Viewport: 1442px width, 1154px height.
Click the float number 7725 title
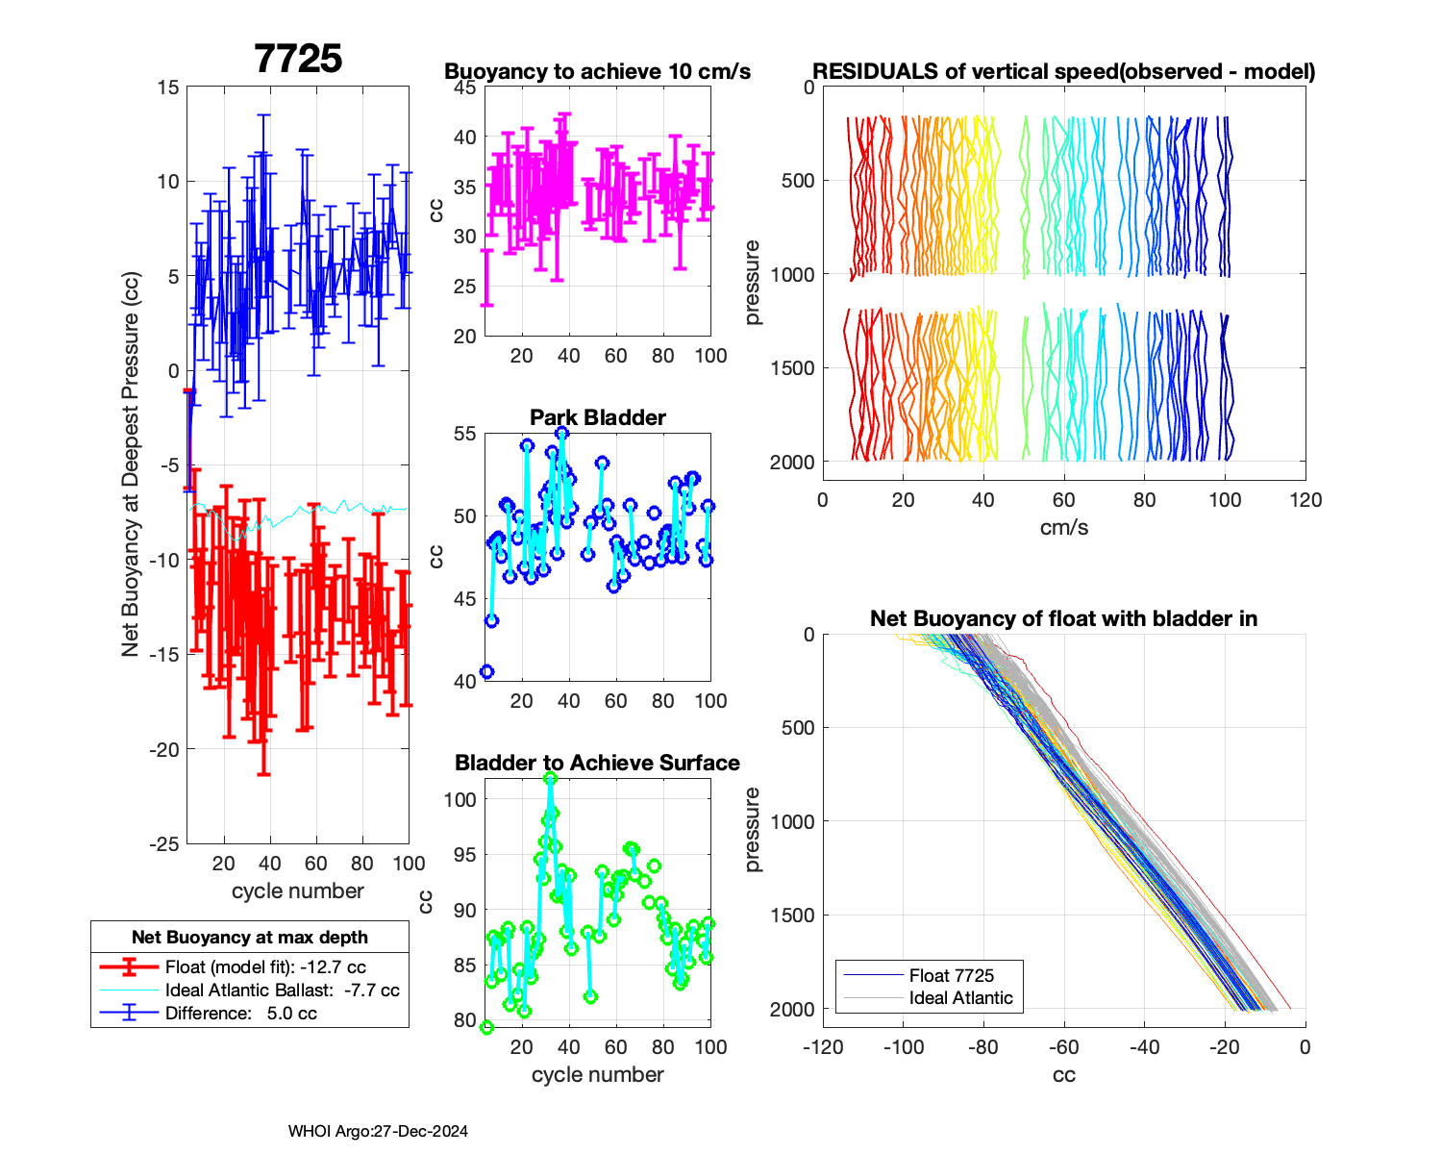tap(298, 59)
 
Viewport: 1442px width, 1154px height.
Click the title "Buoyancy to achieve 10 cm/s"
tap(597, 71)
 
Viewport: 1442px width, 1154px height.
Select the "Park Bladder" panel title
tap(597, 417)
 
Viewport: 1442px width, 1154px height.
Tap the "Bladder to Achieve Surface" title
tap(597, 763)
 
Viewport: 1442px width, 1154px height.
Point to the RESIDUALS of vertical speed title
tap(1063, 71)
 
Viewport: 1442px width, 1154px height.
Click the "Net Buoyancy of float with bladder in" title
tap(1063, 618)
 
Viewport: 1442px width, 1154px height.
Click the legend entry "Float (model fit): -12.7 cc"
tap(265, 967)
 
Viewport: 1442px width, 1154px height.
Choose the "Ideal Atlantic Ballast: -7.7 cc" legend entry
tap(282, 991)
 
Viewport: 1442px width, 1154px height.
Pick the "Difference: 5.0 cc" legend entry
tap(240, 1014)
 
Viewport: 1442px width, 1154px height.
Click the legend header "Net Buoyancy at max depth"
tap(250, 938)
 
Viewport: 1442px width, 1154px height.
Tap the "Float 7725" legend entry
tap(951, 975)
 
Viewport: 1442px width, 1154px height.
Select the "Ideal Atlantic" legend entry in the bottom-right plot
tap(960, 998)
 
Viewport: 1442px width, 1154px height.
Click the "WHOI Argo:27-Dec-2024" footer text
tap(378, 1132)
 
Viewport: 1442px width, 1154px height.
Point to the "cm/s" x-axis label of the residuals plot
tap(1063, 527)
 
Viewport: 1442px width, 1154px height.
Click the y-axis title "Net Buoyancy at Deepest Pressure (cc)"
tap(131, 464)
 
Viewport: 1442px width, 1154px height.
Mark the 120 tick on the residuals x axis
tap(1305, 500)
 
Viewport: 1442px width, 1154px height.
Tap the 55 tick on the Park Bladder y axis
tap(464, 434)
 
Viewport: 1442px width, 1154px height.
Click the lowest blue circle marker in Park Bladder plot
tap(486, 671)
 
